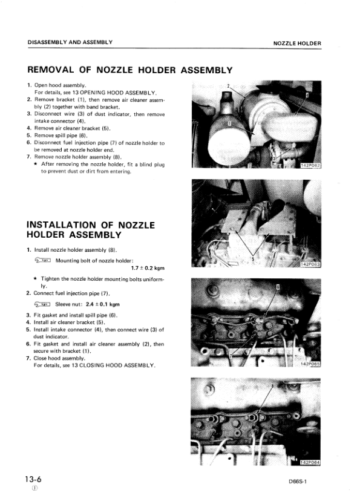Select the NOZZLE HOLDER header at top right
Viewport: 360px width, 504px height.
(297, 44)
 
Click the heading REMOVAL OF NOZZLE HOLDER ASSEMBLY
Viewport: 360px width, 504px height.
(130, 70)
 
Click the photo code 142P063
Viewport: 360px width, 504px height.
(310, 264)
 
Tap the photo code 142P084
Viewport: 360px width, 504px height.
(310, 463)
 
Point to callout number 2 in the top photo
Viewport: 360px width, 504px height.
(227, 85)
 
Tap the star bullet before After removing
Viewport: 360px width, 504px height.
(36, 164)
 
